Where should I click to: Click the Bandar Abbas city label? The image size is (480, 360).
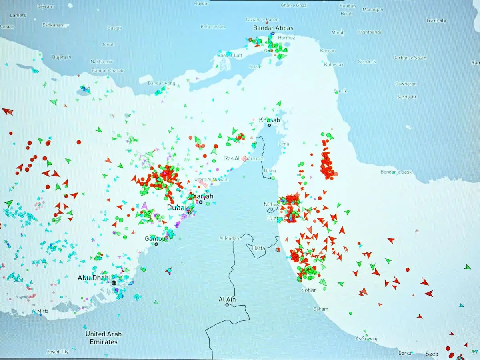coord(273,28)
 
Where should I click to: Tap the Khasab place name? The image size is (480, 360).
coord(269,120)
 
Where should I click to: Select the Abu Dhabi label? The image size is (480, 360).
coord(94,278)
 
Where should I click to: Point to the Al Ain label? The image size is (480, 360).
coord(227,299)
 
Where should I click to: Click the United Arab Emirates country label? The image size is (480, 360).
coord(104,338)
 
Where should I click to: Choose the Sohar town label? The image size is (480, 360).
coord(309,290)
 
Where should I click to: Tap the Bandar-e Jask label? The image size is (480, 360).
coord(396,172)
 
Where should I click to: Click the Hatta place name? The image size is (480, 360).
coord(259,248)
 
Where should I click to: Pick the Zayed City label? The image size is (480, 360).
coord(58,352)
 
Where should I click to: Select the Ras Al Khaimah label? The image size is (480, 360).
coord(244,158)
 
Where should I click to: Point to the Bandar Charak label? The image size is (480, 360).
coord(107,71)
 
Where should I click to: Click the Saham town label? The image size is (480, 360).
coord(321,309)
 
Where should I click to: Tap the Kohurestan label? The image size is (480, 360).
coord(213,27)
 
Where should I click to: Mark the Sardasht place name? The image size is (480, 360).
coord(406,97)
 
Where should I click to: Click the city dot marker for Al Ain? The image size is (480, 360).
coord(227,305)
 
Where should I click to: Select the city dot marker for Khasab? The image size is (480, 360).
coord(269,125)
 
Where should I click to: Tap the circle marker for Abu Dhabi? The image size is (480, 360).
coord(114,283)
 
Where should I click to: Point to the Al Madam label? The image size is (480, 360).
coord(230,238)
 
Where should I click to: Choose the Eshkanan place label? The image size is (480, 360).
coord(53,25)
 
